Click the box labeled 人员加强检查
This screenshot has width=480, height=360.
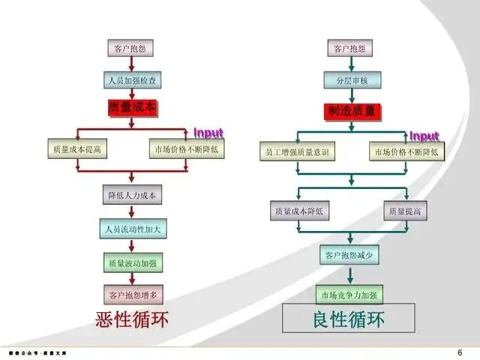click(x=132, y=79)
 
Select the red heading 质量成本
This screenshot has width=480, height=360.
click(x=133, y=108)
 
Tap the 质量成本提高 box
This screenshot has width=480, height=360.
click(x=76, y=149)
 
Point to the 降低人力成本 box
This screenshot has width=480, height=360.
click(x=132, y=196)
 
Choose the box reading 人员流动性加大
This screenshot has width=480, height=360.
click(x=132, y=226)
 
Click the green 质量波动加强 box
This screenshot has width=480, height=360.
click(x=132, y=263)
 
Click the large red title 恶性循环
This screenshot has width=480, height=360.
click(x=133, y=320)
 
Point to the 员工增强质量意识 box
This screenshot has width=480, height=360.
click(x=298, y=152)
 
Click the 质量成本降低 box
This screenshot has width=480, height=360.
click(x=298, y=212)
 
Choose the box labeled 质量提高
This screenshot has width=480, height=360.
click(x=405, y=212)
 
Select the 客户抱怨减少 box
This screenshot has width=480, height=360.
click(x=349, y=255)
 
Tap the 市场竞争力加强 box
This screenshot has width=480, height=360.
click(x=349, y=293)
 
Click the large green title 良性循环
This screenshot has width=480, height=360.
click(x=348, y=320)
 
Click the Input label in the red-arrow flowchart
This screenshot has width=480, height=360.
click(x=208, y=133)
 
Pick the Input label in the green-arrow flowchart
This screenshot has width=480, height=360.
click(x=424, y=136)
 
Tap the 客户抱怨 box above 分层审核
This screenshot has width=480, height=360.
click(x=349, y=49)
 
